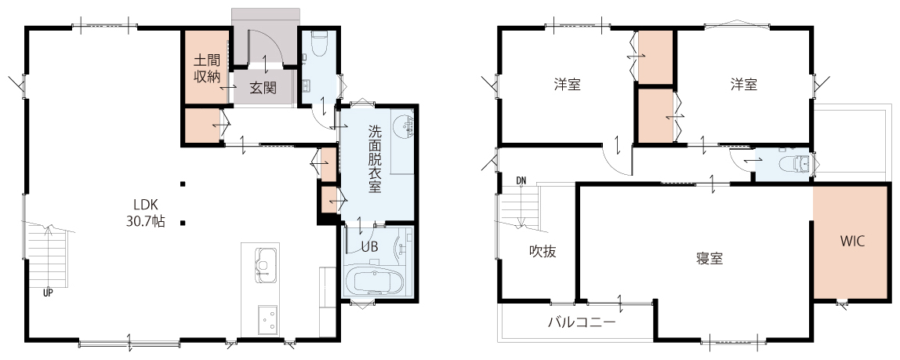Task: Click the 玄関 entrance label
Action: [x=263, y=88]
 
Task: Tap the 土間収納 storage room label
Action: [x=207, y=68]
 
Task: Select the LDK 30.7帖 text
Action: [x=146, y=213]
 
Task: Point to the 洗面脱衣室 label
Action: [x=374, y=159]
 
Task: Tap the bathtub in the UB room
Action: [x=379, y=282]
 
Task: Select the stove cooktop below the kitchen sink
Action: [x=267, y=319]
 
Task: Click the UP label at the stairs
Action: [x=48, y=293]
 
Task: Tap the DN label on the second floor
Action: [x=521, y=181]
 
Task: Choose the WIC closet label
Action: [x=852, y=241]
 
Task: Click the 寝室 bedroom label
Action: [x=709, y=258]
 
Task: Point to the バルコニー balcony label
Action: [x=582, y=322]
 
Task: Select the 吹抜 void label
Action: [x=543, y=251]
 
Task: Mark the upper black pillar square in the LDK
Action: [x=183, y=184]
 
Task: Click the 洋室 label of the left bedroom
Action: [x=567, y=85]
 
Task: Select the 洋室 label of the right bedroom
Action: [x=744, y=85]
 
